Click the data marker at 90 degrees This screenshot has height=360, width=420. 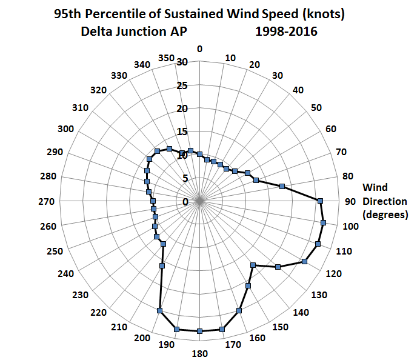click(x=320, y=201)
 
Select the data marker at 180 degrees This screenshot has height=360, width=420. click(x=199, y=331)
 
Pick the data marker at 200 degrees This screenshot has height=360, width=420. click(x=159, y=311)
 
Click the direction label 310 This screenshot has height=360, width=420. click(x=81, y=108)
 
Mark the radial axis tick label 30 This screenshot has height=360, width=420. click(x=182, y=61)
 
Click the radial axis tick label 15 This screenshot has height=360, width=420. click(x=182, y=132)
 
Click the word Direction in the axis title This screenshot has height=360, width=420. click(x=385, y=201)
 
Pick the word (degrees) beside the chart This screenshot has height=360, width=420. click(x=385, y=215)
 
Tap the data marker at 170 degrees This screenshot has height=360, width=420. click(x=222, y=329)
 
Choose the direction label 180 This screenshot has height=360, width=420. click(x=200, y=354)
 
